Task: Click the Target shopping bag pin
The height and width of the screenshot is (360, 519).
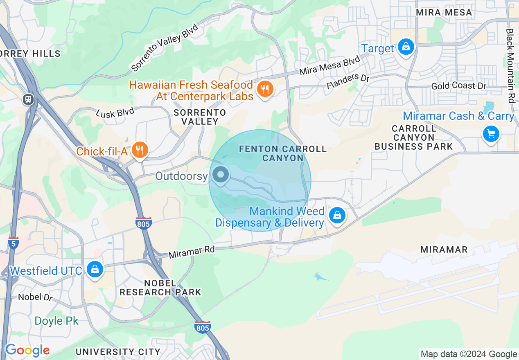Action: tap(406, 47)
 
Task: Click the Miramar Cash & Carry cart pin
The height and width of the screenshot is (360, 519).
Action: tap(491, 134)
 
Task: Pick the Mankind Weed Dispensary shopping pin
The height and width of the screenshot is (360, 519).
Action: tap(337, 215)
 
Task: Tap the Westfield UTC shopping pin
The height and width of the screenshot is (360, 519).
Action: tap(95, 270)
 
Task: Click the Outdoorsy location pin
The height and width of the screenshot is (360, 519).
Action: tap(221, 175)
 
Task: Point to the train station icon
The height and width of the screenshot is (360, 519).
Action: tap(28, 99)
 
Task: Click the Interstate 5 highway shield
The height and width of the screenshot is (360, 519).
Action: tap(13, 243)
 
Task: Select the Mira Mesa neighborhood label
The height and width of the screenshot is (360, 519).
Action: tap(444, 13)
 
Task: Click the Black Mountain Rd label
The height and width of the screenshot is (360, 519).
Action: tap(510, 65)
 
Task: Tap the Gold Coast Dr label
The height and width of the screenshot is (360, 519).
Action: tap(458, 86)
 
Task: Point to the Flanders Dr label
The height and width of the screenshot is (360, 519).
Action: tap(348, 81)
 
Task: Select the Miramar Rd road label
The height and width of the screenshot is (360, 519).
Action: tap(192, 252)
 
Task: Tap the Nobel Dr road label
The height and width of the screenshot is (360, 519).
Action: tap(36, 297)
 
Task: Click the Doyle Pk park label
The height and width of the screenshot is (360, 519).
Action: tap(56, 321)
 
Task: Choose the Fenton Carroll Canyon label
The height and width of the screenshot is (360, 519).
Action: tap(283, 153)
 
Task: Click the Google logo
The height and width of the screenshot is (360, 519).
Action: tap(27, 350)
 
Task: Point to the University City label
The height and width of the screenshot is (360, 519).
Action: tap(118, 352)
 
